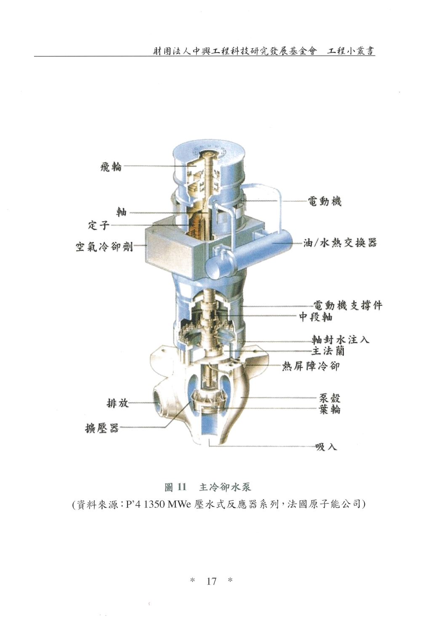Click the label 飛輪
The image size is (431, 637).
pos(111,166)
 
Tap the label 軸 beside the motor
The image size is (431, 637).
pos(122,212)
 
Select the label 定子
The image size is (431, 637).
pos(99,225)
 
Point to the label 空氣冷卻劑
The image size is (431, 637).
pos(104,246)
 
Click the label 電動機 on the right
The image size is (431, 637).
pos(325,202)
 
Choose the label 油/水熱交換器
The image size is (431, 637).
pos(340,243)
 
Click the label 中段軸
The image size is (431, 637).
pos(316,317)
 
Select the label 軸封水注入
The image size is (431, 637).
pos(340,339)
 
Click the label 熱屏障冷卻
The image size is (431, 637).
pos(311,366)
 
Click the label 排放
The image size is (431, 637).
pos(117,403)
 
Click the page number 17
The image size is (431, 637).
pos(211,581)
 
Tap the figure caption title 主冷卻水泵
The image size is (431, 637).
pos(225,487)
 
